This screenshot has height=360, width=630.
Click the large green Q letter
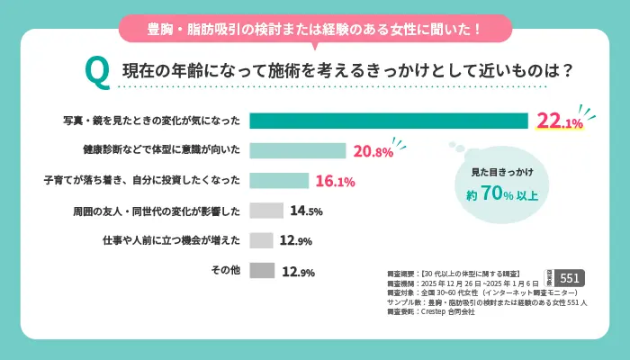[96, 70]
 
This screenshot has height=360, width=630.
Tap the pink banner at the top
[314, 28]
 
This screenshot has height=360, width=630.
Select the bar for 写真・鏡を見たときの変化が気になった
[388, 121]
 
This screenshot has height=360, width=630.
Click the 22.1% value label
[560, 121]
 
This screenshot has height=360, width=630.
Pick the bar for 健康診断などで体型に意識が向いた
[297, 151]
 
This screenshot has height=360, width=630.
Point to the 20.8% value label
[373, 151]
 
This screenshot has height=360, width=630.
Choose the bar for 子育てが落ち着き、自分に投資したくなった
[279, 181]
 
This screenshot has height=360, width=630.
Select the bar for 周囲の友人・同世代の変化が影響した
[266, 211]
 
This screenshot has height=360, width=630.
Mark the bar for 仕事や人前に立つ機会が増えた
[261, 240]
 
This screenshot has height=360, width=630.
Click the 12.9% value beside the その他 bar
[298, 271]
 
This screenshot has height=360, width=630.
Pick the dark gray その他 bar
[261, 270]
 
